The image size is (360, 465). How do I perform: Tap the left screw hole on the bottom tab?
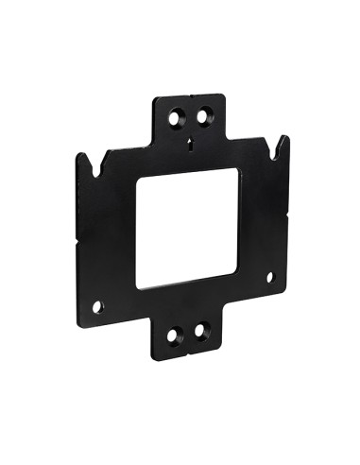click(x=173, y=336)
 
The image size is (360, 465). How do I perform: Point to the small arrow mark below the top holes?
click(x=191, y=145)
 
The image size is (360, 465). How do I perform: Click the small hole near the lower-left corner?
click(x=96, y=306)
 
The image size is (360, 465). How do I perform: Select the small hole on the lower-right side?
click(x=269, y=277)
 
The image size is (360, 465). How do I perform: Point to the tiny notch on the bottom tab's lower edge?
click(x=186, y=354)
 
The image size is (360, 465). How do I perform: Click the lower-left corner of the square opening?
click(x=138, y=286)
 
